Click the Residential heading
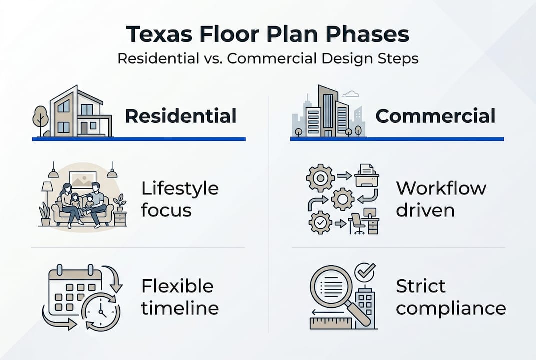pyautogui.click(x=180, y=116)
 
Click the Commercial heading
pyautogui.click(x=435, y=116)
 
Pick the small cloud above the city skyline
pyautogui.click(x=352, y=93)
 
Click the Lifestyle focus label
pyautogui.click(x=180, y=199)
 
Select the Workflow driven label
pyautogui.click(x=441, y=198)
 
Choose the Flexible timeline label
pyautogui.click(x=180, y=297)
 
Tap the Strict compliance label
pyautogui.click(x=450, y=297)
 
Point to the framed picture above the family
pyautogui.click(x=83, y=178)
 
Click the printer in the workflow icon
pyautogui.click(x=367, y=175)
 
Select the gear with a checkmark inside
pyautogui.click(x=320, y=222)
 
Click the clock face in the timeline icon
pyautogui.click(x=101, y=311)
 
